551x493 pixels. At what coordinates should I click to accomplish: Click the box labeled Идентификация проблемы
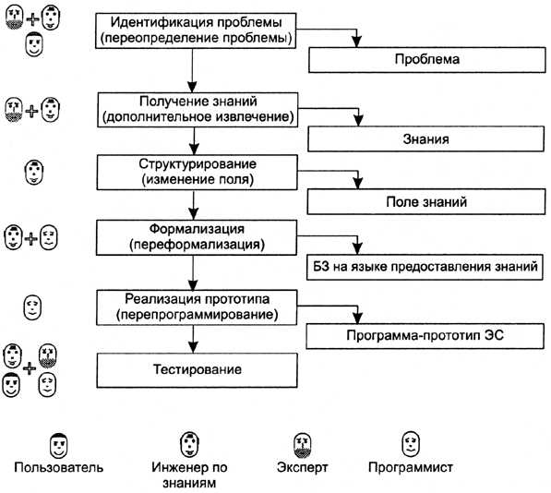click(196, 30)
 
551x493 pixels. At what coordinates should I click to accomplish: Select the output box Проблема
click(427, 60)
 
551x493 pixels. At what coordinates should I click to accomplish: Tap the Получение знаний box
click(198, 110)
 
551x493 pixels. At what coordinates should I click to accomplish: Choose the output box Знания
click(425, 138)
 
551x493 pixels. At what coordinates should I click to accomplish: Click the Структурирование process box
click(198, 173)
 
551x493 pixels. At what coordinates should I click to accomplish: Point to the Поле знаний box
click(426, 201)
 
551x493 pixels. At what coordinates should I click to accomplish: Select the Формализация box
click(197, 237)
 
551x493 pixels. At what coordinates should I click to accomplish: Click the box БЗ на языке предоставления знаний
click(425, 267)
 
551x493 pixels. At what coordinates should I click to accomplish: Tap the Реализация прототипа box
click(197, 307)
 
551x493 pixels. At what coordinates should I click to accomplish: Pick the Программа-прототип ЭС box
click(425, 336)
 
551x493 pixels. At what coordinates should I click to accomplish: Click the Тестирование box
click(198, 370)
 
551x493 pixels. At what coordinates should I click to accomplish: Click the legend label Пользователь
click(59, 467)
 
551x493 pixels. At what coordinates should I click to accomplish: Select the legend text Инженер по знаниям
click(189, 475)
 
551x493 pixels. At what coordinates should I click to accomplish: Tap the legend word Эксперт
click(302, 467)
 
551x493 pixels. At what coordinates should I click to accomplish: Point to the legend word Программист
click(411, 467)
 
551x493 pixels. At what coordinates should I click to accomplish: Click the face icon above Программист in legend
click(411, 444)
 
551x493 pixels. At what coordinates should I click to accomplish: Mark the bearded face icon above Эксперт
click(303, 445)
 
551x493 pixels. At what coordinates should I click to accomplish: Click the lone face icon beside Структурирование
click(34, 173)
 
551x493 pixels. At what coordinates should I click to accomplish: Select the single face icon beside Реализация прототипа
click(32, 307)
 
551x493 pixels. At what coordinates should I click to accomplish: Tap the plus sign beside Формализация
click(31, 239)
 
